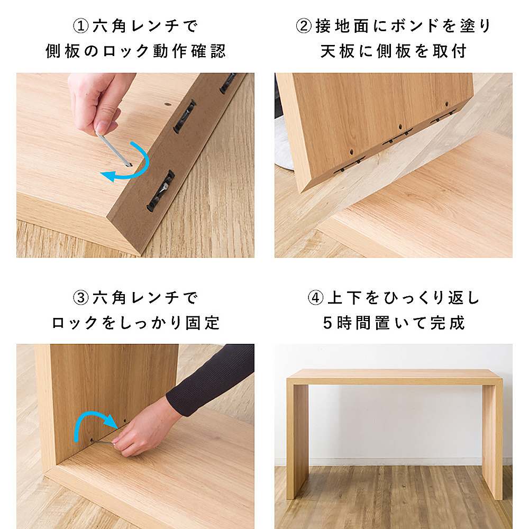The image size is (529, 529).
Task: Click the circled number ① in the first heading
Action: click(x=81, y=26)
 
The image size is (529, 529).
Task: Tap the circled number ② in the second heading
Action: click(x=304, y=26)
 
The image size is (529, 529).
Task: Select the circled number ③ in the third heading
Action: click(x=81, y=297)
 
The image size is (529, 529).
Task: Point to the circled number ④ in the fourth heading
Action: click(x=316, y=297)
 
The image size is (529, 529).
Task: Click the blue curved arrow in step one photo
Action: click(x=143, y=167)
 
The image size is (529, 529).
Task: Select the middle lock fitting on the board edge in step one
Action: click(x=185, y=115)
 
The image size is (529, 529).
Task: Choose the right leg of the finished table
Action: click(x=492, y=442)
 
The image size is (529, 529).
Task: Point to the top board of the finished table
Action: click(x=395, y=377)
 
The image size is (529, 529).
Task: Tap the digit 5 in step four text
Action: click(x=327, y=323)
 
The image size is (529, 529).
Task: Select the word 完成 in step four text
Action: click(x=448, y=323)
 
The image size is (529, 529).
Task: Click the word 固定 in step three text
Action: click(x=203, y=323)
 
